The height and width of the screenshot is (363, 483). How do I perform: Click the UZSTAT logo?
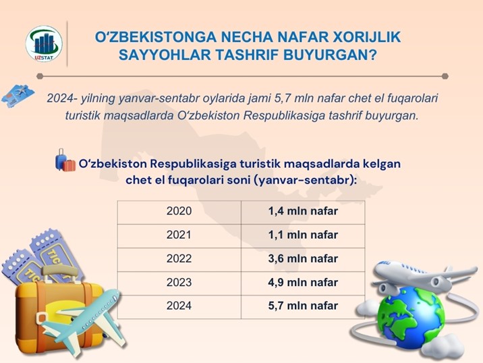click(44, 43)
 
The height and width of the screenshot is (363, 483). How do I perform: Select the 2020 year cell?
click(179, 213)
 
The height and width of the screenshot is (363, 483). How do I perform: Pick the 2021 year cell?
click(179, 236)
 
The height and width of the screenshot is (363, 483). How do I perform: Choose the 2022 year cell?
click(179, 260)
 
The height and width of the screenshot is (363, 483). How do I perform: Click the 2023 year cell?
click(179, 283)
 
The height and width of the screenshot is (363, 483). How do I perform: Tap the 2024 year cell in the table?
click(179, 307)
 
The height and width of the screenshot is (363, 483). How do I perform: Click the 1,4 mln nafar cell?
click(303, 213)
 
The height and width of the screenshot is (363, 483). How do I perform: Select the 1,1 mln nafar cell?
click(303, 236)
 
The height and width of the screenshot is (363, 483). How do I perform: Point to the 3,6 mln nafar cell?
click(303, 260)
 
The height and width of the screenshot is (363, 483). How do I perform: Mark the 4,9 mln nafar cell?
click(303, 283)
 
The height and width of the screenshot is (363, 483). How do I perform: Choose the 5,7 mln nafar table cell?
click(303, 307)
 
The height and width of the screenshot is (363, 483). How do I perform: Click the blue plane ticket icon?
click(18, 96)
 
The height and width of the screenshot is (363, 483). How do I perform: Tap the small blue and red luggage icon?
click(65, 160)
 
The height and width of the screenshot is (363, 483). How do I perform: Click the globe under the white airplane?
click(411, 317)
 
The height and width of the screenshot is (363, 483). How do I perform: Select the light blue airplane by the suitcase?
click(83, 322)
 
